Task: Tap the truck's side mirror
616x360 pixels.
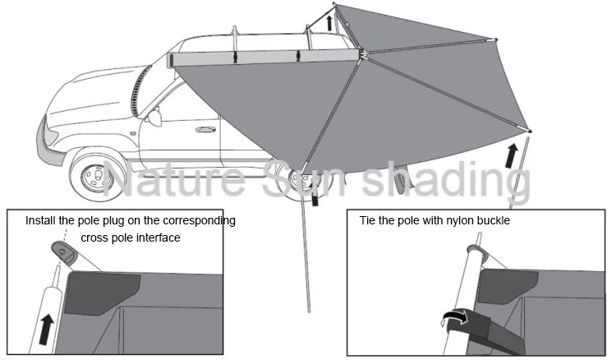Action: click(154, 117)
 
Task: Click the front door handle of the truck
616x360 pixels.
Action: click(202, 129)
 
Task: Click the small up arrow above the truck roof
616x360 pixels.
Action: click(330, 21)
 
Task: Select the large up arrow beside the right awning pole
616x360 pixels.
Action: click(513, 154)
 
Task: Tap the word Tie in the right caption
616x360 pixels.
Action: click(367, 221)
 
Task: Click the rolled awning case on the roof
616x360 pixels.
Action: click(263, 57)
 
